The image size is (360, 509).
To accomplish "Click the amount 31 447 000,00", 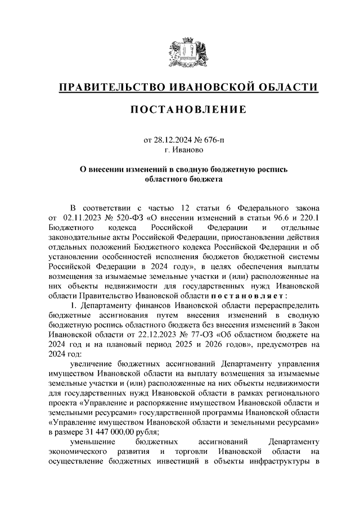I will pos(113,433).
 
